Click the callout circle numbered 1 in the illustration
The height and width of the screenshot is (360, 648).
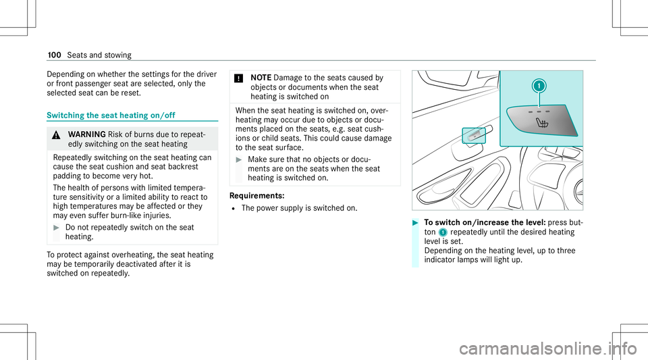(x=539, y=86)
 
